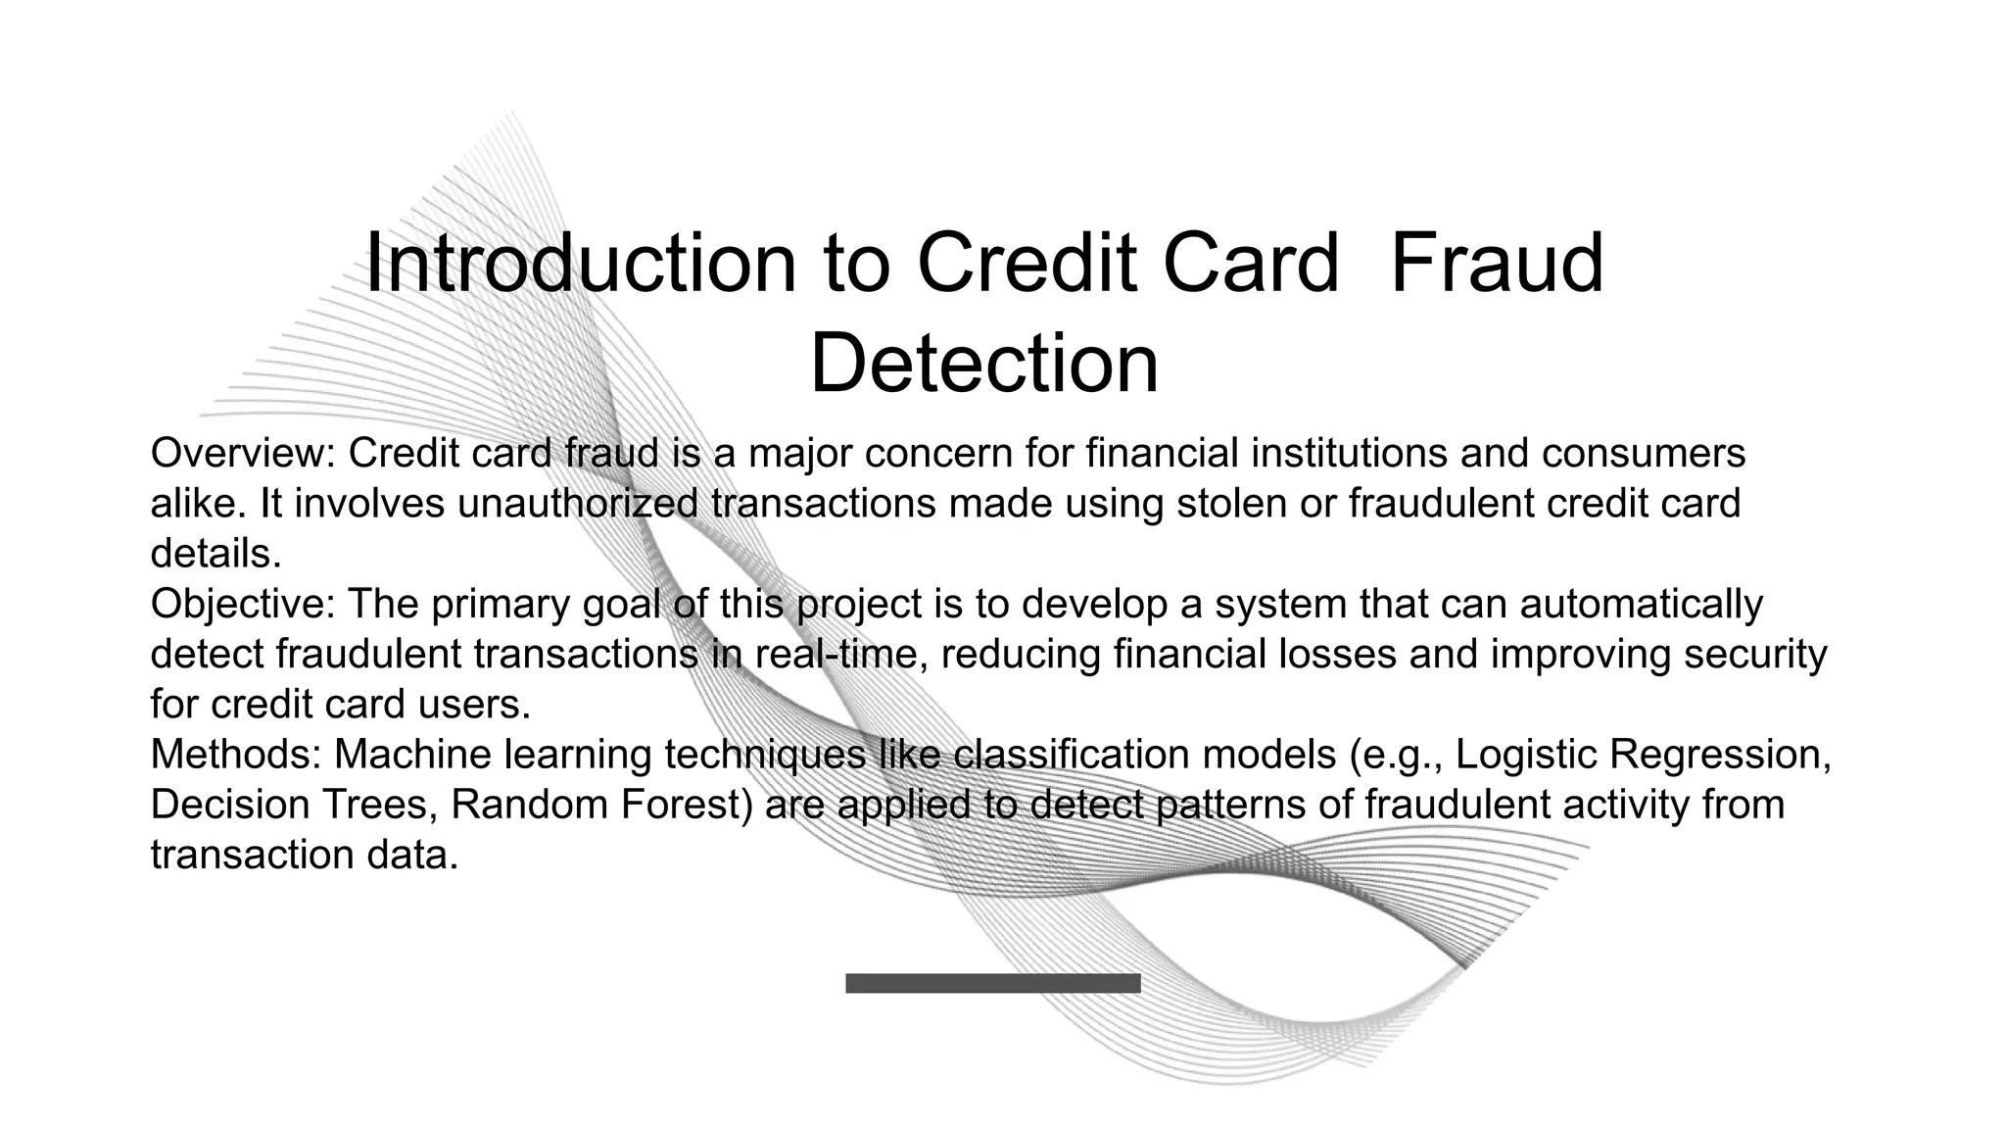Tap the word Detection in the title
point(983,364)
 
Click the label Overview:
point(244,454)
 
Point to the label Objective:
point(244,604)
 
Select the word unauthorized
point(578,504)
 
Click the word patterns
point(1229,805)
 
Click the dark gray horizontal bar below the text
point(992,983)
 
